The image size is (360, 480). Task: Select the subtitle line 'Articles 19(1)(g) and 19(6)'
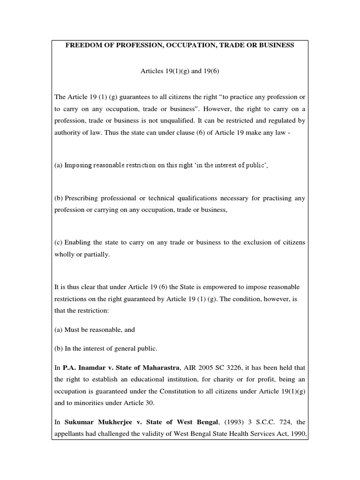[x=180, y=71]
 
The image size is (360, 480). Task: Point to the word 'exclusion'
[x=254, y=242]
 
